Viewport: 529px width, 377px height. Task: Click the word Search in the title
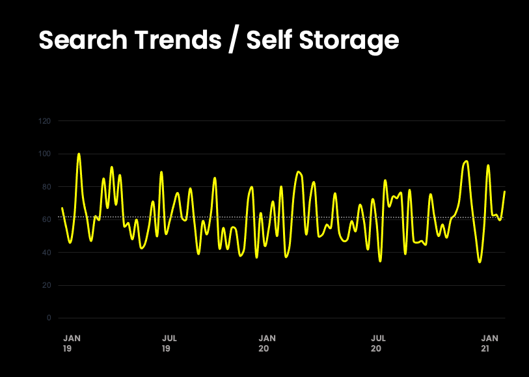(81, 40)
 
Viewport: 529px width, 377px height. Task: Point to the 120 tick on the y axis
(45, 121)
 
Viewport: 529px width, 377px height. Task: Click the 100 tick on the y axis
(45, 154)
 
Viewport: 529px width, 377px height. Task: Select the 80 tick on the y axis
(47, 187)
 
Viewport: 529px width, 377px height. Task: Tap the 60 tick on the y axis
(47, 220)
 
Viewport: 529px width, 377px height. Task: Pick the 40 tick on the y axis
(47, 253)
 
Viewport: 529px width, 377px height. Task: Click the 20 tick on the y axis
(47, 285)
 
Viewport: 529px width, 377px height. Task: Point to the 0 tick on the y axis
(49, 318)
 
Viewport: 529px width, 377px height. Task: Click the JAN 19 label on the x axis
(72, 343)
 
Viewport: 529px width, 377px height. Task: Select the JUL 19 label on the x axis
(169, 343)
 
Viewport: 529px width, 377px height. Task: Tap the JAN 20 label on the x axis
(267, 343)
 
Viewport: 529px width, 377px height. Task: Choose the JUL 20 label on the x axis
(377, 343)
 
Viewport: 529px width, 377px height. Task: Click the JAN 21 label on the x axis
(489, 343)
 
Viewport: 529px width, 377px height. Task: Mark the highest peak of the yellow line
(79, 154)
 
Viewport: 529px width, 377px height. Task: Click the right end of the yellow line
(504, 191)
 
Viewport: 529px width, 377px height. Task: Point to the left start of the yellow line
(62, 208)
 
